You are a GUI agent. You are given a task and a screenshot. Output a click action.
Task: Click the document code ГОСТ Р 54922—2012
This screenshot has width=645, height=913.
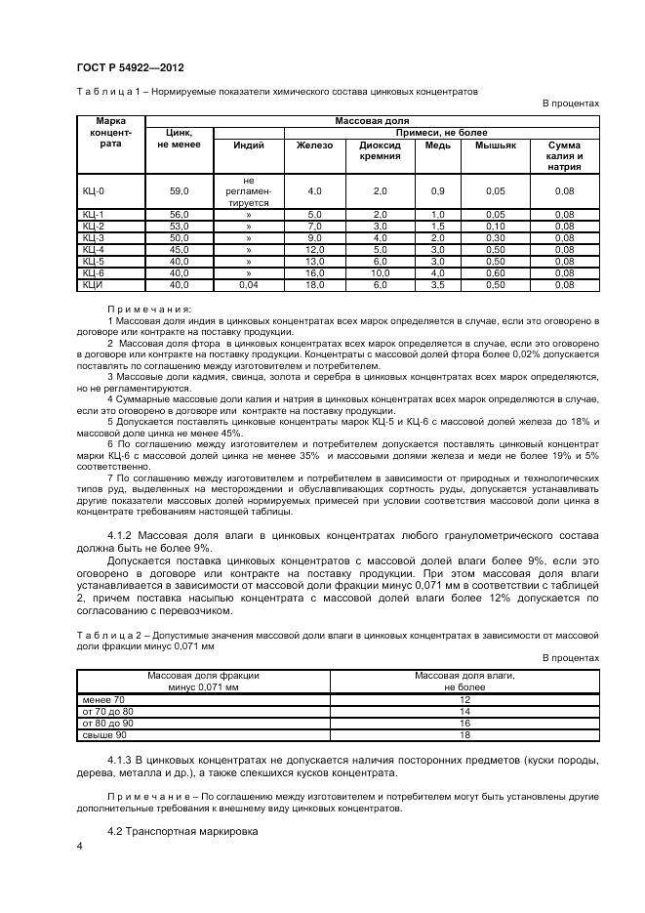point(130,66)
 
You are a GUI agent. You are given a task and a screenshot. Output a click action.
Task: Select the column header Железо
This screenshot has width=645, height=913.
point(313,145)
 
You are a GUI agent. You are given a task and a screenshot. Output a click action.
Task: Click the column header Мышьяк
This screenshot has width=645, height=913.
point(495,145)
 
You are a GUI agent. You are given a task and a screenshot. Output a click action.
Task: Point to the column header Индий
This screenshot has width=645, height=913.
point(248,145)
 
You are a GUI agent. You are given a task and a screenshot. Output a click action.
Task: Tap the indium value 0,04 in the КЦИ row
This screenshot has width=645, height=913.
point(248,285)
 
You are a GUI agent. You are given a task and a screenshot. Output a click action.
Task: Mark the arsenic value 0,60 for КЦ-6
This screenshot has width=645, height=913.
point(495,273)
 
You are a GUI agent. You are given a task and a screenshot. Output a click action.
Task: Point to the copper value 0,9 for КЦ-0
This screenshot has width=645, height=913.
point(437,191)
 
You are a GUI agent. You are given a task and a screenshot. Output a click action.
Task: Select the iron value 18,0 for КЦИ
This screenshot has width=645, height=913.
point(313,285)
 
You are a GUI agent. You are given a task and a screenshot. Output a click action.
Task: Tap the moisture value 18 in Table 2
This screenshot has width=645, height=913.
point(464,733)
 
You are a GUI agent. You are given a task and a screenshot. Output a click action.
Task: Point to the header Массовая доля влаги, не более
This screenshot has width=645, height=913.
point(464,681)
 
